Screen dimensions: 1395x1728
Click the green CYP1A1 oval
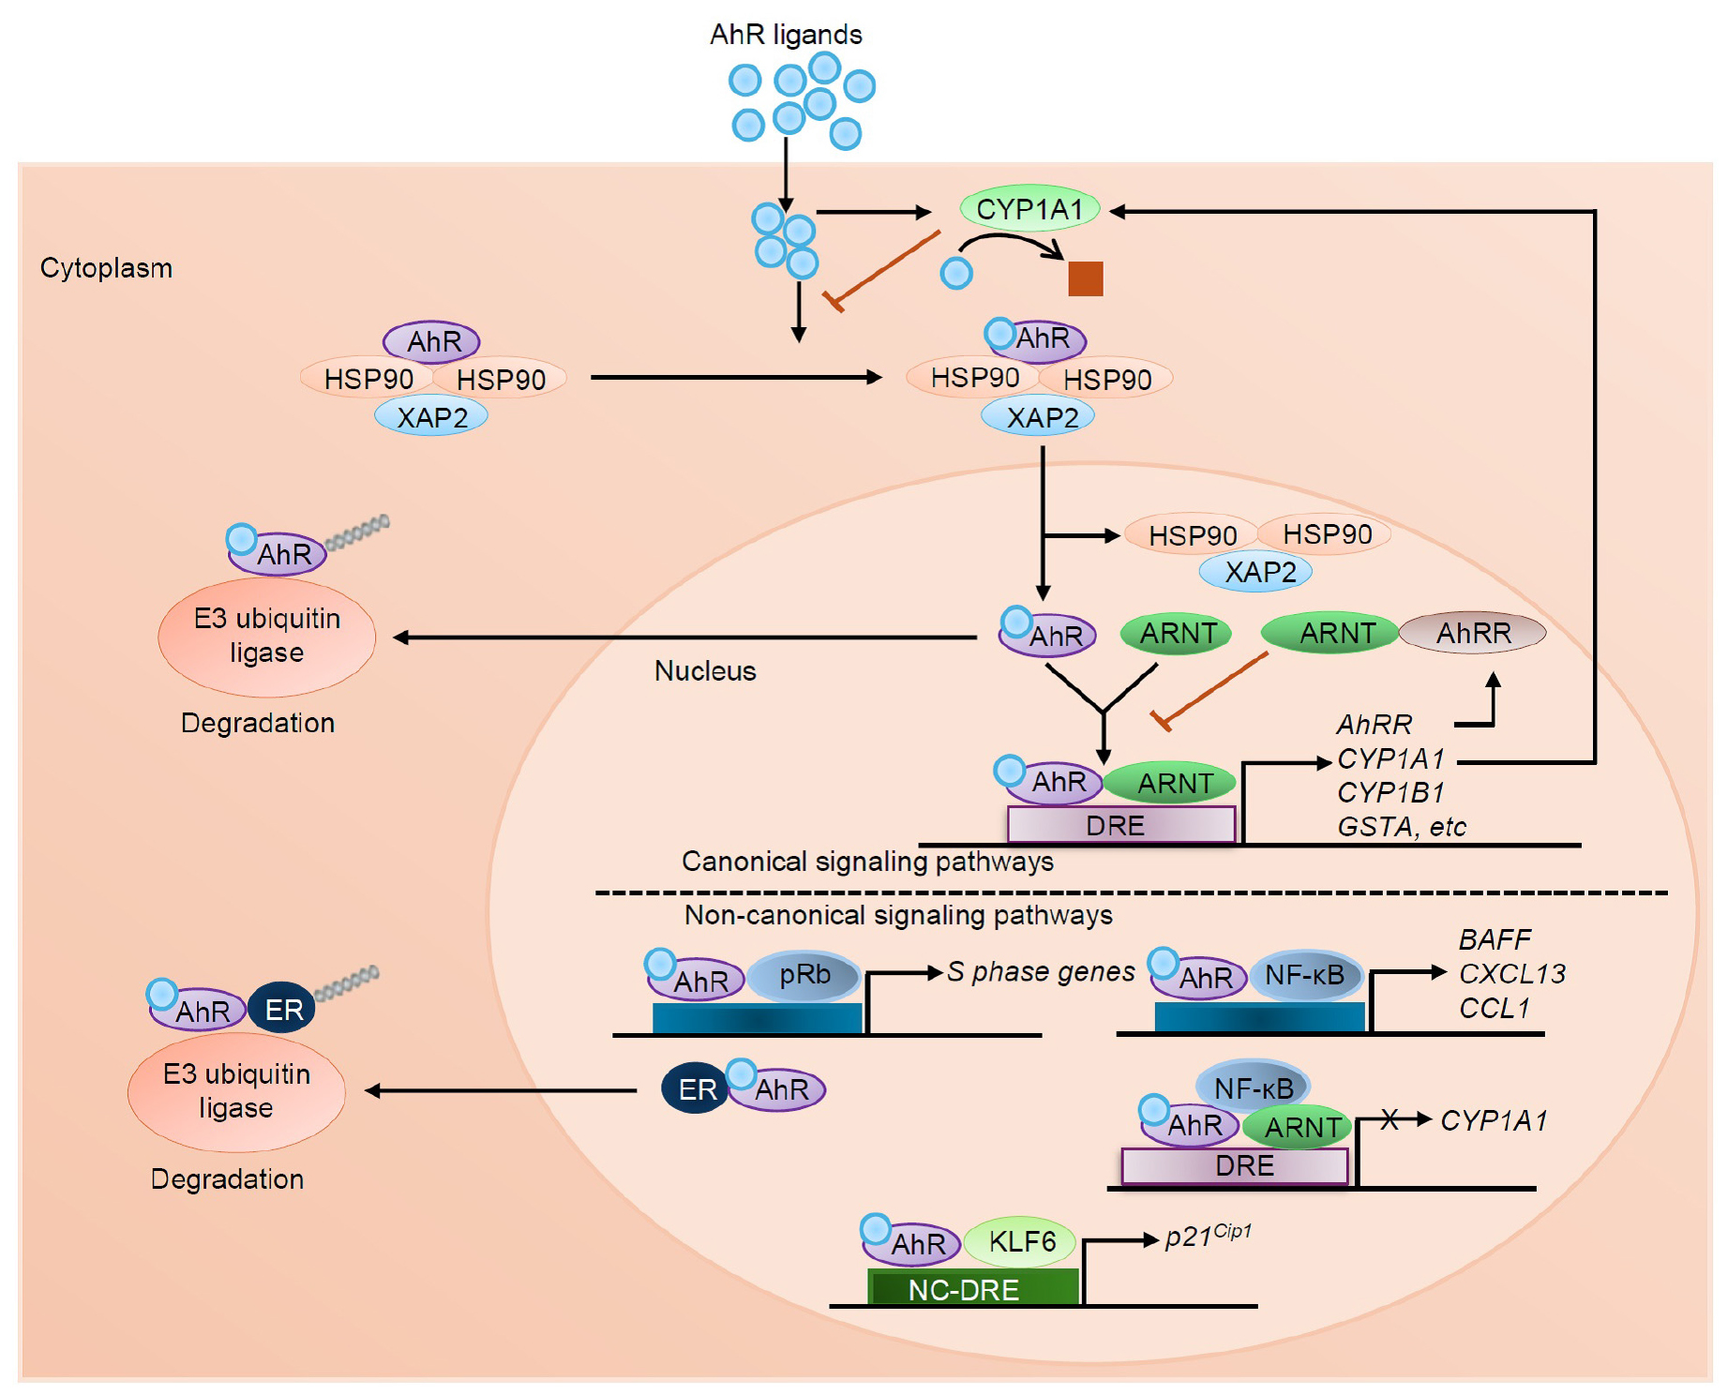pos(1029,209)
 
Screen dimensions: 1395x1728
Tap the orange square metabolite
pos(1085,278)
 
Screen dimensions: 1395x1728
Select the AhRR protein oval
pos(1472,633)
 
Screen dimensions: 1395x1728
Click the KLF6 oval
pos(1021,1242)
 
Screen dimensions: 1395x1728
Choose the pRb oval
pos(804,975)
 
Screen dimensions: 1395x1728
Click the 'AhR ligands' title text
pos(786,35)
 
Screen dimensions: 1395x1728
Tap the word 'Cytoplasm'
pos(106,268)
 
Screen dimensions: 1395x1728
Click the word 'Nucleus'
pos(705,670)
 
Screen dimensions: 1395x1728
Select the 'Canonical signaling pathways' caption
pos(867,862)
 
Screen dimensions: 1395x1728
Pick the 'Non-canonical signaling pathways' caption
pos(898,915)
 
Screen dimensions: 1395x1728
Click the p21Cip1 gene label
pos(1208,1236)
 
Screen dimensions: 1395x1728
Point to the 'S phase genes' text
pos(1041,972)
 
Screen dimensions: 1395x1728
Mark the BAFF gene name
pos(1495,939)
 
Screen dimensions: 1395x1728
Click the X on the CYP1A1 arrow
pos(1390,1118)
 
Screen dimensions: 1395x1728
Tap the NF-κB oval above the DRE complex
pos(1254,1087)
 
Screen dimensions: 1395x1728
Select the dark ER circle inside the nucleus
pos(697,1089)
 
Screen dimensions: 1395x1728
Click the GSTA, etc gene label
pos(1401,827)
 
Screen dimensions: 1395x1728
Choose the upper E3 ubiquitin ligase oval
pos(267,637)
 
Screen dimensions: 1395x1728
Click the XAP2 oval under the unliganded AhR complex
pos(431,416)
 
